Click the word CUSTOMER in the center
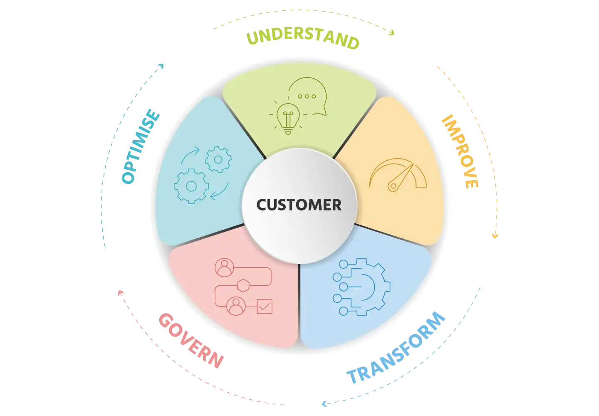tap(299, 205)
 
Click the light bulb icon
tap(287, 117)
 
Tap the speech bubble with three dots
tap(307, 96)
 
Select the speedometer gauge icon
tap(398, 176)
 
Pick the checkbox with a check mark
tap(265, 307)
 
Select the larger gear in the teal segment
tap(191, 186)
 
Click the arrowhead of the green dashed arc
tap(392, 32)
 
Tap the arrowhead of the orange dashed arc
tap(495, 235)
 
